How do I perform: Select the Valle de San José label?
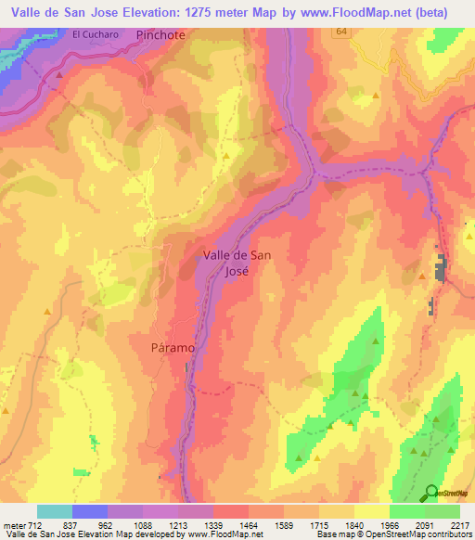tap(237, 263)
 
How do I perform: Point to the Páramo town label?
tap(172, 347)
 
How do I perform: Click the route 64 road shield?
tap(342, 31)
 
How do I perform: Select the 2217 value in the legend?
tap(459, 525)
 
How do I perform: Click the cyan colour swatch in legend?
tap(54, 511)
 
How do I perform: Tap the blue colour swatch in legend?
tap(89, 511)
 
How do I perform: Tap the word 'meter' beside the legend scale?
tap(14, 525)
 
